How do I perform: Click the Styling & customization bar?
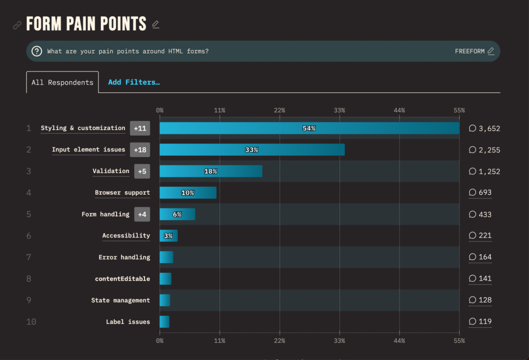point(309,128)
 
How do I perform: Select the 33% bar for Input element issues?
point(252,150)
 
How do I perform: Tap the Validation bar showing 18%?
point(211,171)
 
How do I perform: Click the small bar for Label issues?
point(165,322)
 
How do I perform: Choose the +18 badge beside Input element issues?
point(140,150)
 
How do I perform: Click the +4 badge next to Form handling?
point(142,215)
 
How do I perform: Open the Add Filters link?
point(134,82)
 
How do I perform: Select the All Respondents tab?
point(62,82)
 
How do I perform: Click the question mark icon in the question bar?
point(37,51)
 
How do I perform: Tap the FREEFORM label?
point(470,51)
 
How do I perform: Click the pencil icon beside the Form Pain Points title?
point(156,24)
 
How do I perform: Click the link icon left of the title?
point(17,25)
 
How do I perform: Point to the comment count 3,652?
point(484,129)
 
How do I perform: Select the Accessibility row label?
point(126,236)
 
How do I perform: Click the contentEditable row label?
point(122,279)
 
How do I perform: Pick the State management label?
point(120,300)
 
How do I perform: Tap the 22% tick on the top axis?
point(280,110)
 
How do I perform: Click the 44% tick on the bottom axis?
point(399,340)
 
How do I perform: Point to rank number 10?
point(31,322)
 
